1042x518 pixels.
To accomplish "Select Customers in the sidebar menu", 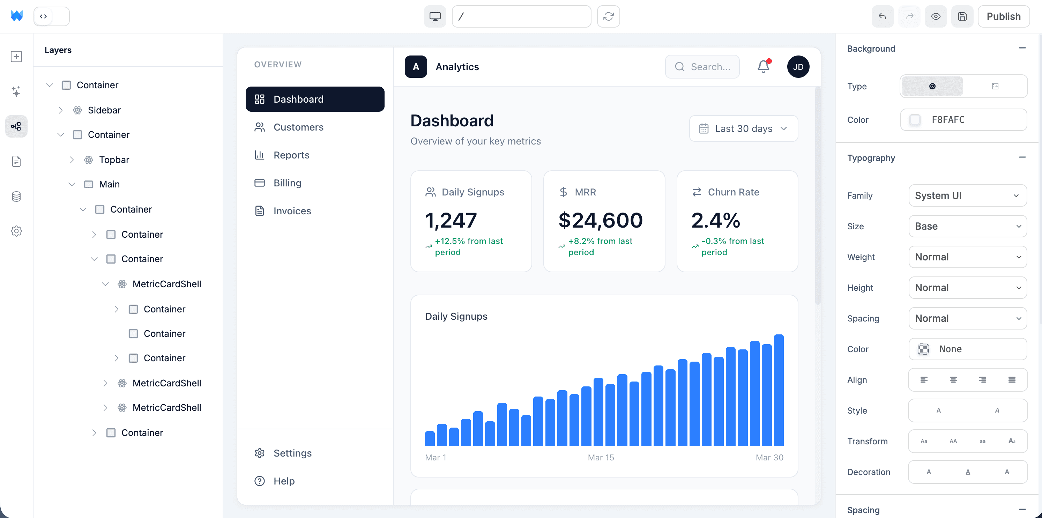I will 298,127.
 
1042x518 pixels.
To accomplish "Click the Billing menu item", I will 287,183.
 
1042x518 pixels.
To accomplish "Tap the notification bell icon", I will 763,66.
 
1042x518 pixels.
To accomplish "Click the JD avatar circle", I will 798,67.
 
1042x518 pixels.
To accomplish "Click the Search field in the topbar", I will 702,67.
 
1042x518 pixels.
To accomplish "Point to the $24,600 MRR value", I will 600,220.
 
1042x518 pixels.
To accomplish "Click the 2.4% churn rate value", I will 716,220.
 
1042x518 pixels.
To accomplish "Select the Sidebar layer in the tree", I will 104,110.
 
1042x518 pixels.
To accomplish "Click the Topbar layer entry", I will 114,160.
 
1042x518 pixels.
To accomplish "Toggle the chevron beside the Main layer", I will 72,185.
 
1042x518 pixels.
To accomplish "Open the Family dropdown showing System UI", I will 967,195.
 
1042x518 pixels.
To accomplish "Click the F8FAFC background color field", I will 963,120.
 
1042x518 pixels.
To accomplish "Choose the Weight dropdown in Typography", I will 967,257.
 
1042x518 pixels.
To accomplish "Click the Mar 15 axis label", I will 601,457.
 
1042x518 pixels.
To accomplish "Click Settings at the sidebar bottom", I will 292,453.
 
